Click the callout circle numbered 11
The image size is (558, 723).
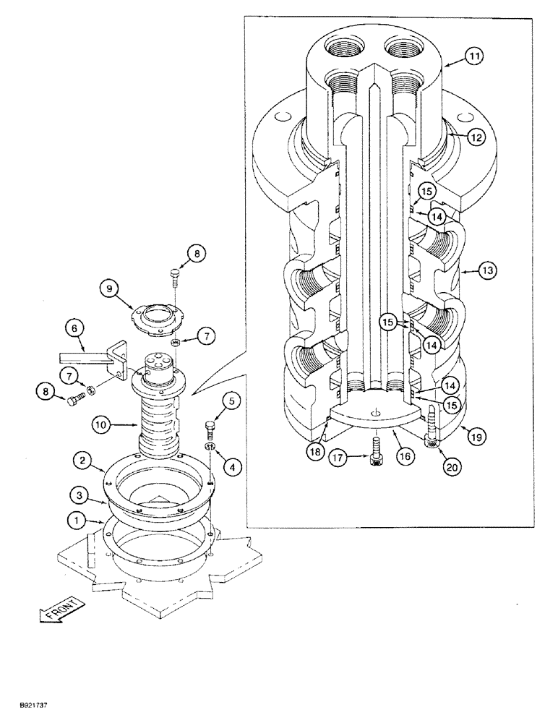[x=473, y=56]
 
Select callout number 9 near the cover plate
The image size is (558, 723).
[x=111, y=289]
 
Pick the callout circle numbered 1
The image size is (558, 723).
[x=72, y=518]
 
